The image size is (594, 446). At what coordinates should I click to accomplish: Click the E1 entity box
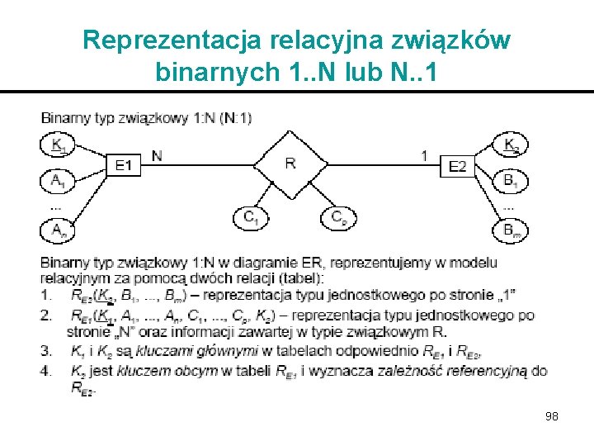click(123, 166)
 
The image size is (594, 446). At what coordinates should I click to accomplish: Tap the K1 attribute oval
click(56, 145)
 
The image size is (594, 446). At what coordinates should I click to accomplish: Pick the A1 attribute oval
click(56, 180)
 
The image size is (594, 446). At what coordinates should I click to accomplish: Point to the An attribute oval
click(56, 230)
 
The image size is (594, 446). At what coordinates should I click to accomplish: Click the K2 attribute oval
click(511, 145)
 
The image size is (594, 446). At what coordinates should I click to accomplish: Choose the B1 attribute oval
click(511, 180)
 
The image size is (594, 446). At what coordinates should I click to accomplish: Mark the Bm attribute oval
click(511, 230)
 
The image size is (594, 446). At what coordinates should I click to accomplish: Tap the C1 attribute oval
click(249, 218)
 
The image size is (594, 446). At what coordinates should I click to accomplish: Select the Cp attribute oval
click(337, 218)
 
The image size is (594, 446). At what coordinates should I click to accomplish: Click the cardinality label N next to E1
click(158, 154)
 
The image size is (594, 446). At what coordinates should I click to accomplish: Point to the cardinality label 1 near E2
click(424, 154)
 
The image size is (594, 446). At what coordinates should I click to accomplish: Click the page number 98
click(551, 416)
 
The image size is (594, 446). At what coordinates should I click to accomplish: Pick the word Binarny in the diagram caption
click(64, 117)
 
